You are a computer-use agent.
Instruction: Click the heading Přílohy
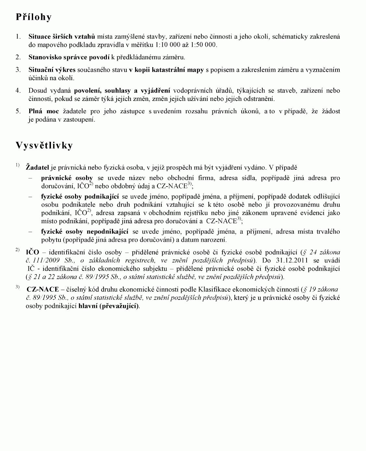click(x=33, y=17)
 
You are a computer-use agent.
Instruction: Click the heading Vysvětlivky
click(x=44, y=145)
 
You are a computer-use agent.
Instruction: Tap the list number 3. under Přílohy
click(x=18, y=70)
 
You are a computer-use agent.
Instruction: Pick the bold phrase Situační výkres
click(x=52, y=70)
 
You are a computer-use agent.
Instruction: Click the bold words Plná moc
click(x=44, y=111)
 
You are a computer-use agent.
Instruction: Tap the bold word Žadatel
click(x=37, y=168)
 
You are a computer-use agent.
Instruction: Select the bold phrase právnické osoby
click(x=67, y=178)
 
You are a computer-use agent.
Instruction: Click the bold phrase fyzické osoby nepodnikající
click(x=84, y=232)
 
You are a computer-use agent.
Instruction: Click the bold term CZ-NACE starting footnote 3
click(x=43, y=289)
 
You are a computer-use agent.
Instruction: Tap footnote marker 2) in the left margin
click(x=17, y=250)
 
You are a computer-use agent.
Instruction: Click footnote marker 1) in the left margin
click(x=17, y=165)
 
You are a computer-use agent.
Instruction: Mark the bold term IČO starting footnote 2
click(x=32, y=252)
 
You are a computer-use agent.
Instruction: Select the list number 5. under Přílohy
click(x=18, y=111)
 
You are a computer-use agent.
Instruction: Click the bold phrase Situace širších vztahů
click(x=61, y=37)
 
